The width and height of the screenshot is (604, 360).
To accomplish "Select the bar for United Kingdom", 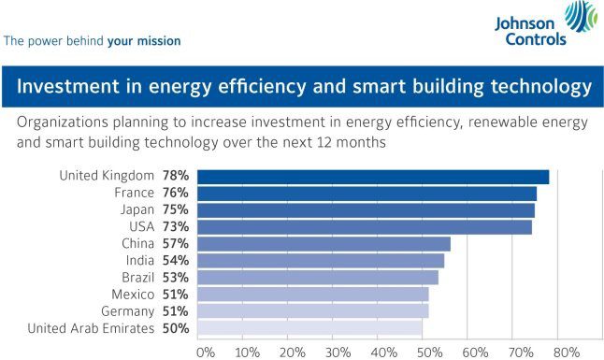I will pos(373,176).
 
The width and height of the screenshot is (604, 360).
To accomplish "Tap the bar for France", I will pos(367,194).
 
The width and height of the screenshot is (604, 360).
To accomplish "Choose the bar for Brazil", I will pos(318,278).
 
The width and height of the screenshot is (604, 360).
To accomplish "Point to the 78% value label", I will pos(177,176).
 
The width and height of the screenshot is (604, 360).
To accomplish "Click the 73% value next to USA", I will pos(177,227).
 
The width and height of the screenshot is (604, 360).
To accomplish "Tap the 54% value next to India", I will pos(177,261).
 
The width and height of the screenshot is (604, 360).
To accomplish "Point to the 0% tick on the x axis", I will pos(206,352).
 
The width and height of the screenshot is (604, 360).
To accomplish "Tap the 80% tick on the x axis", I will pos(566,352).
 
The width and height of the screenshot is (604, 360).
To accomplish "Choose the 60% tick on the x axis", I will pos(476,352).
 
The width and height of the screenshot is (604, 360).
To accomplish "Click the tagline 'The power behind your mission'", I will pos(93,41).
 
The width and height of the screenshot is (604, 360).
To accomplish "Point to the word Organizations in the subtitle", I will pos(67,122).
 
